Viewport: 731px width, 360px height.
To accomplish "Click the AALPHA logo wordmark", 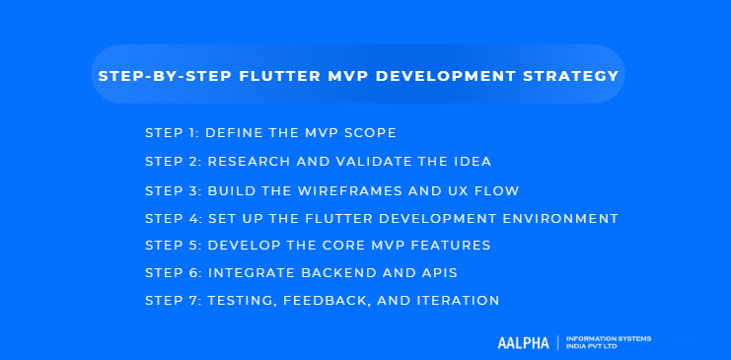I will (524, 342).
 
